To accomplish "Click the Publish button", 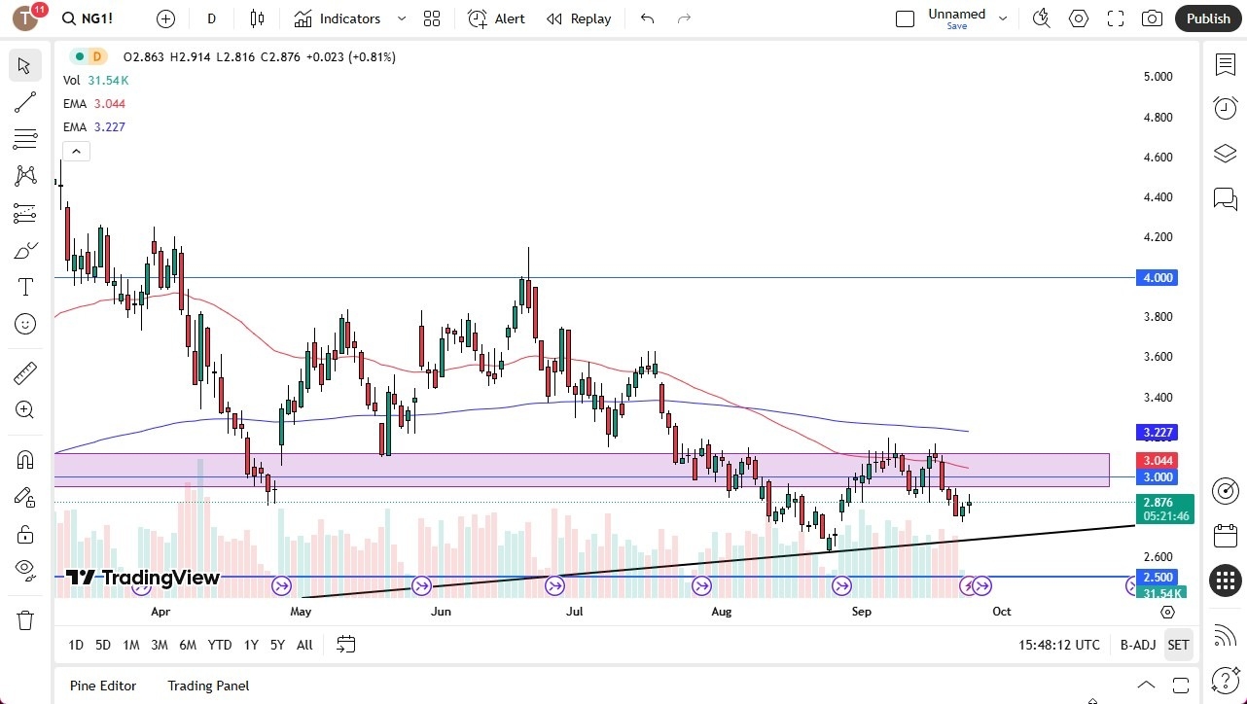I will tap(1208, 18).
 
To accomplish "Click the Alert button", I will tap(496, 18).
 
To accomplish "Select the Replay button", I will tap(579, 18).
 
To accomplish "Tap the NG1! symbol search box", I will tap(97, 18).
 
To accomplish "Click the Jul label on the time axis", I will tap(575, 612).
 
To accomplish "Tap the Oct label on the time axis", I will tap(1001, 612).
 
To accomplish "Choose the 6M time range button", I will tap(188, 645).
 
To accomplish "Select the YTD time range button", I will tap(220, 645).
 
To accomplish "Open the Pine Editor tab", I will tap(103, 686).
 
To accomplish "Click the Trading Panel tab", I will tap(208, 686).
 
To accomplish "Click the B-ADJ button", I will tap(1137, 645).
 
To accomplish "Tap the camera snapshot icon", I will tap(1152, 18).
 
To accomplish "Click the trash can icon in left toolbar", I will tap(25, 620).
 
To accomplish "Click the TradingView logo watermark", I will tap(143, 578).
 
